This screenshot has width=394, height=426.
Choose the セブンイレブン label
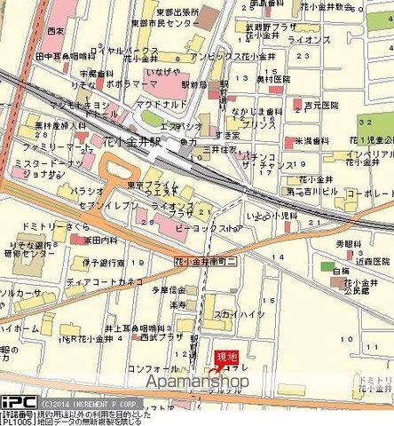[107, 205]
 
